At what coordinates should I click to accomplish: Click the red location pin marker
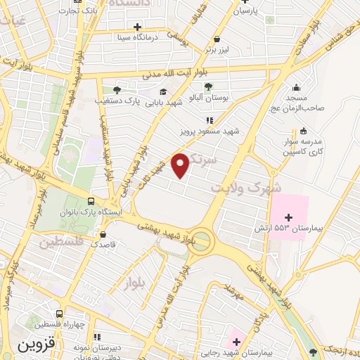tap(181, 165)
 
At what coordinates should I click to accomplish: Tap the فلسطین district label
tap(61, 243)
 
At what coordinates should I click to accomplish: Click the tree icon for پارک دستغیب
tap(116, 89)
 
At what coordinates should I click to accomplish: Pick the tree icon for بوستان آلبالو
tap(208, 87)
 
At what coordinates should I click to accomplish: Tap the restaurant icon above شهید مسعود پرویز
tap(209, 120)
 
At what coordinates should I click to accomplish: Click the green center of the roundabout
tap(201, 241)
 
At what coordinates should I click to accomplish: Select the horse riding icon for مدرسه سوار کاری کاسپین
tap(303, 130)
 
